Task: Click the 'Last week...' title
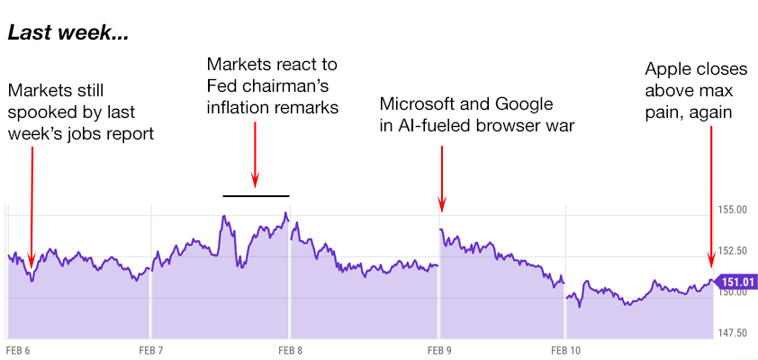(x=68, y=35)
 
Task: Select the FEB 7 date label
(x=150, y=349)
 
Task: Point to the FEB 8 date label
(x=290, y=349)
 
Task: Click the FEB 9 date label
(x=439, y=349)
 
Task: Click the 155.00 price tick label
(x=731, y=210)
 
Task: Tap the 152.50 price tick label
(x=731, y=250)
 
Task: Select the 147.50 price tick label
(x=731, y=332)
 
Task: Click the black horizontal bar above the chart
(x=256, y=195)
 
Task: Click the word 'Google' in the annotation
(x=526, y=103)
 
